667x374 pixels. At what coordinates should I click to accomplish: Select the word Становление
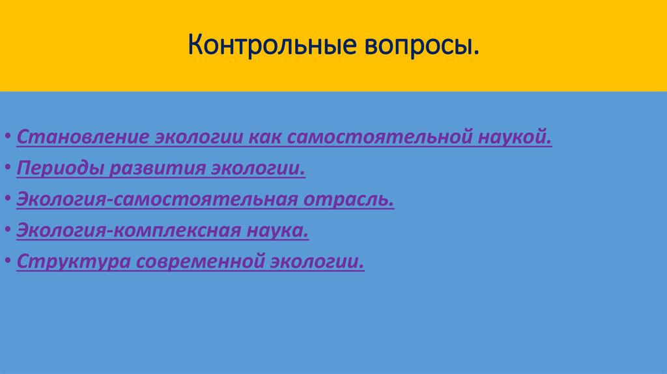83,139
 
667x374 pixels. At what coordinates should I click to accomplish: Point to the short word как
264,139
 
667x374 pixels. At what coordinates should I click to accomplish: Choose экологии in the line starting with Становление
200,139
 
